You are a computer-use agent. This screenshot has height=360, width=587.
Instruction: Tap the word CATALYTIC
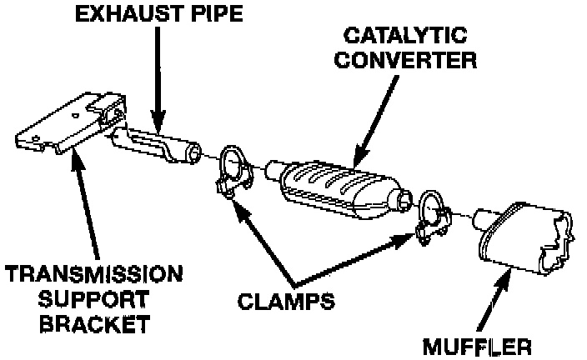pyautogui.click(x=408, y=37)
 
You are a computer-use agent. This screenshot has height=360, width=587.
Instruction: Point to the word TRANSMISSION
pyautogui.click(x=93, y=275)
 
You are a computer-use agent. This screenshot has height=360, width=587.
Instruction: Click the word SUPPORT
pyautogui.click(x=93, y=297)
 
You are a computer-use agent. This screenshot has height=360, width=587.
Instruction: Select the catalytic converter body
pyautogui.click(x=334, y=184)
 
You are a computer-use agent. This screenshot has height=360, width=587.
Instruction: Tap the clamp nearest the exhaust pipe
pyautogui.click(x=233, y=172)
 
